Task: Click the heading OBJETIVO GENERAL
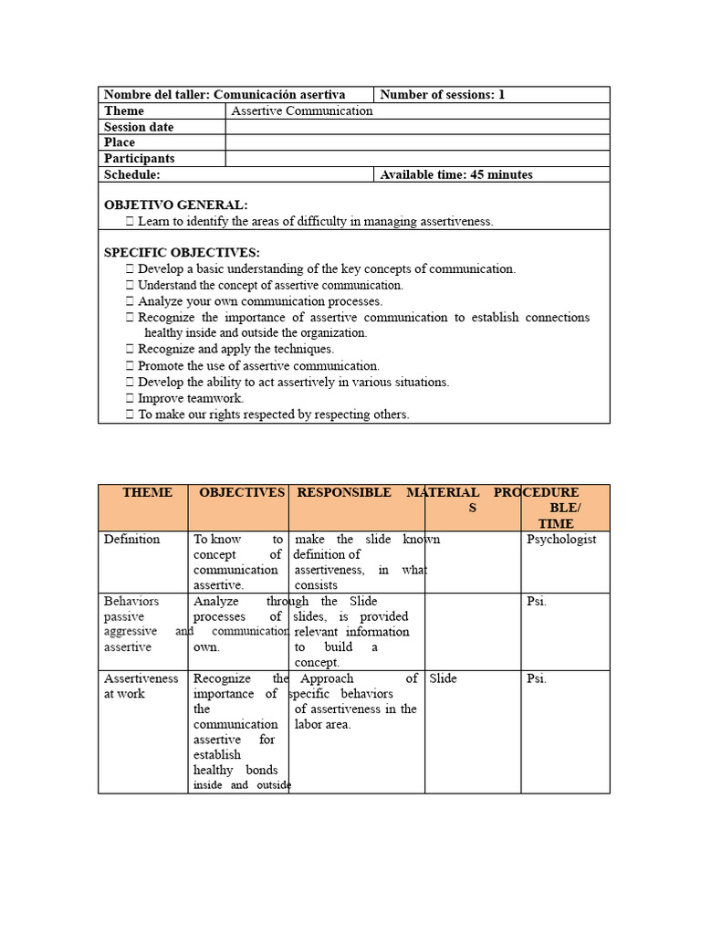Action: coord(175,205)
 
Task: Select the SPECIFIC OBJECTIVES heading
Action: coord(182,253)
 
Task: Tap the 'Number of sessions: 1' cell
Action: coord(442,95)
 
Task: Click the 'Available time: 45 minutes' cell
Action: coord(455,174)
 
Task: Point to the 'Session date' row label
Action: coord(139,127)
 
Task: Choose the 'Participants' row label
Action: coord(140,159)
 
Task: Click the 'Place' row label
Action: coord(120,142)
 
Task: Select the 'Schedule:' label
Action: coord(132,174)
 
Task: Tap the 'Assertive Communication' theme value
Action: coord(302,110)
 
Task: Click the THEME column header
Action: coord(147,493)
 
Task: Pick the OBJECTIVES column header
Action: coord(242,493)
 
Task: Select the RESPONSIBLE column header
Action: coord(344,493)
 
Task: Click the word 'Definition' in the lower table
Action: coord(131,540)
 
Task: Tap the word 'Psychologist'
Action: coord(561,540)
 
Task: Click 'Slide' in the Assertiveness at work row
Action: coord(443,679)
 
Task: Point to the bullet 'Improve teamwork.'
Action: coord(190,398)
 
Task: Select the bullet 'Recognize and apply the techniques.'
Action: coord(235,349)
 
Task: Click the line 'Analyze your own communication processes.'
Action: coord(259,301)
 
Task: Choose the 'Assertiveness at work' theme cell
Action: coord(141,687)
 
